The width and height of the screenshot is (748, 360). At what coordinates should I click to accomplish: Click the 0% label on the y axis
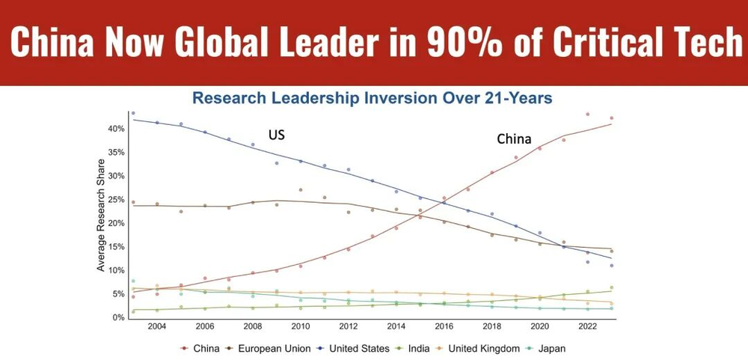pyautogui.click(x=117, y=318)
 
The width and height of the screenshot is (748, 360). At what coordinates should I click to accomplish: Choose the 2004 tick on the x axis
pyautogui.click(x=156, y=327)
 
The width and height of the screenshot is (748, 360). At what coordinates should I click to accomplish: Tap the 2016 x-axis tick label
pyautogui.click(x=444, y=327)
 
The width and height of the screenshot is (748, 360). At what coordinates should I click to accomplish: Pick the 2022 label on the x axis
pyautogui.click(x=587, y=327)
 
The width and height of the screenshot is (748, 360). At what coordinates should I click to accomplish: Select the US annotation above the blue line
pyautogui.click(x=277, y=136)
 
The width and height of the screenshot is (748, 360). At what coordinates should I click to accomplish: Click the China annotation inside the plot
pyautogui.click(x=514, y=139)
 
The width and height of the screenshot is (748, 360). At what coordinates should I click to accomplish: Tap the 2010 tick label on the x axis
pyautogui.click(x=300, y=327)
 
